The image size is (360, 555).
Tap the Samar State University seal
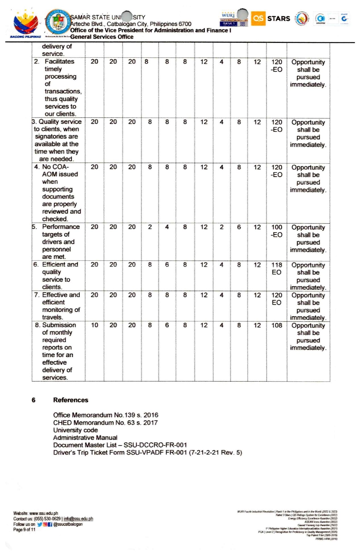pyautogui.click(x=58, y=22)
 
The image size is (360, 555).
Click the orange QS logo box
pyautogui.click(x=258, y=18)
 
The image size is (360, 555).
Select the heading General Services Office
pyautogui.click(x=102, y=37)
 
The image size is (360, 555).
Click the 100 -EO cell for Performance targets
pyautogui.click(x=276, y=231)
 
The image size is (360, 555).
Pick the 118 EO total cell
pyautogui.click(x=276, y=269)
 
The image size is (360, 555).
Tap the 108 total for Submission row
pyautogui.click(x=276, y=325)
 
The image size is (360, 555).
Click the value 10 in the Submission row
pyautogui.click(x=94, y=325)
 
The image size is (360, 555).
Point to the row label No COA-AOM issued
pyautogui.click(x=60, y=193)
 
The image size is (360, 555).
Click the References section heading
pyautogui.click(x=70, y=400)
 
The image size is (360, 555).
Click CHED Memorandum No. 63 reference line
pyautogui.click(x=105, y=423)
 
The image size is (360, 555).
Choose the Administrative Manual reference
pyautogui.click(x=85, y=438)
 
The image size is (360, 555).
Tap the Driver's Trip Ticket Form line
pyautogui.click(x=147, y=453)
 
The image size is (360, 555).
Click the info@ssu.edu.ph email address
pyautogui.click(x=78, y=519)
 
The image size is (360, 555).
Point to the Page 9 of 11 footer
pyautogui.click(x=24, y=529)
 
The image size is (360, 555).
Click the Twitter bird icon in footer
pyautogui.click(x=39, y=524)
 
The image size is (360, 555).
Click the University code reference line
pyautogui.click(x=75, y=430)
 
